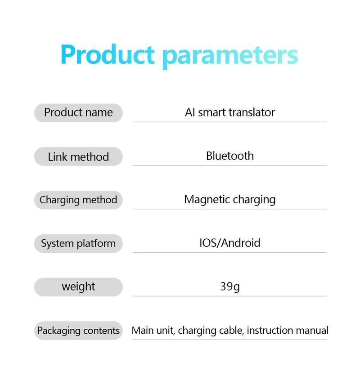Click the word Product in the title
pos(108,55)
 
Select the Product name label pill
pos(78,112)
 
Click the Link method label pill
pos(78,157)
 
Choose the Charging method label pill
pos(78,200)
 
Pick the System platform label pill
pos(78,243)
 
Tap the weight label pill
pos(78,286)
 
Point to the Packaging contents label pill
pos(78,331)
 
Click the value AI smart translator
pos(229,112)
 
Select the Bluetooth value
pos(229,156)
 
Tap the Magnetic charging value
pos(229,199)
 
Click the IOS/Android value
pos(229,243)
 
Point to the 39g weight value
pos(229,286)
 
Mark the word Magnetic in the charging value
pos(206,199)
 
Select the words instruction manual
pos(288,331)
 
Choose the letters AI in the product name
pos(190,112)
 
